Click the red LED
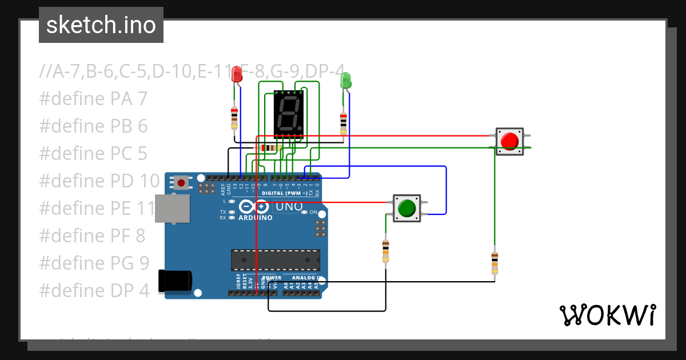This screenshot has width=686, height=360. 236,74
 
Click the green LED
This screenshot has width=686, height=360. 345,80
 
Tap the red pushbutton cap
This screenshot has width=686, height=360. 509,141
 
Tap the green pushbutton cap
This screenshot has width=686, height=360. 406,208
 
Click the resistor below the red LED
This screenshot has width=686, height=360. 234,118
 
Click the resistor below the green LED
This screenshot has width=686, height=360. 343,122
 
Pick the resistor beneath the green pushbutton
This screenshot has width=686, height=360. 386,251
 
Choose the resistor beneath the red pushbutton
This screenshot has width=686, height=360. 494,262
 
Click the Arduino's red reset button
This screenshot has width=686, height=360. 181,183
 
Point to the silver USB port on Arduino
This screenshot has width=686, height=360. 173,207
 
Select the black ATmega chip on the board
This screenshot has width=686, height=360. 276,260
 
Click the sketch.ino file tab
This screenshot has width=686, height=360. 101,25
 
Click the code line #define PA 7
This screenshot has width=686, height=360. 93,99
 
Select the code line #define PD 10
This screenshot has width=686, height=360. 99,181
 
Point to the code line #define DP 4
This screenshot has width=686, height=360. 94,290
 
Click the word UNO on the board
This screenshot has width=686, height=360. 290,206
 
